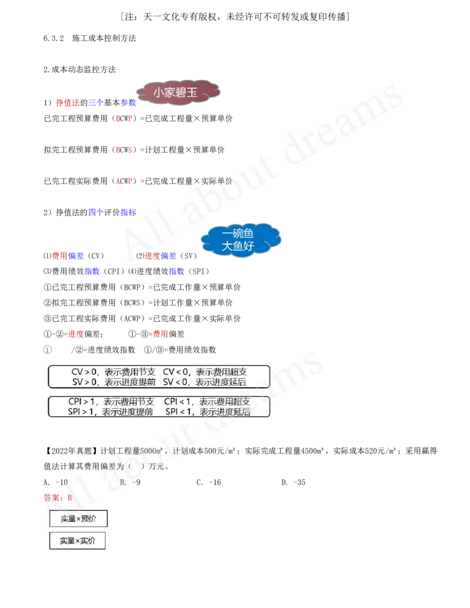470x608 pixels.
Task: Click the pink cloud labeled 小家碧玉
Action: [x=179, y=92]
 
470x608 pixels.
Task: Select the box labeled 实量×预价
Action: [x=78, y=519]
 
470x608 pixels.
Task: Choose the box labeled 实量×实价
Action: [x=78, y=540]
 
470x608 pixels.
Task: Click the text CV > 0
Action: [x=85, y=372]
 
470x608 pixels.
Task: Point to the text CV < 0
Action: [x=176, y=372]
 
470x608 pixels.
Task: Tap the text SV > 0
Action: [x=85, y=382]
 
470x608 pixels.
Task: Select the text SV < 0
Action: [x=176, y=382]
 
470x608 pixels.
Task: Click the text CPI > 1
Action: [x=82, y=402]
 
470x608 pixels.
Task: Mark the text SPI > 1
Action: [x=82, y=412]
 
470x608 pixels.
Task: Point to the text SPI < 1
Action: [x=179, y=412]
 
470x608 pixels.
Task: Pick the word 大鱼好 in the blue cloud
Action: [x=238, y=246]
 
